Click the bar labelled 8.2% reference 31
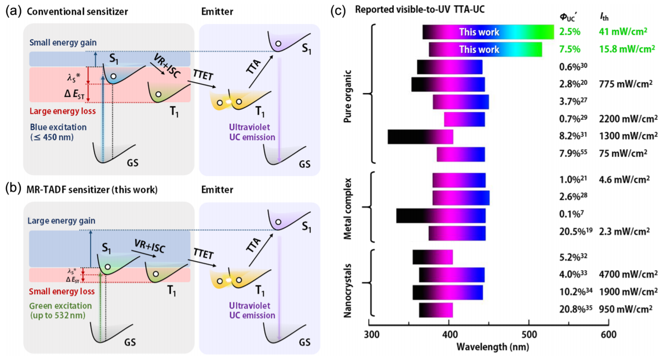pos(420,136)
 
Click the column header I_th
pos(604,18)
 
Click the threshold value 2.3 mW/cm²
pos(624,231)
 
